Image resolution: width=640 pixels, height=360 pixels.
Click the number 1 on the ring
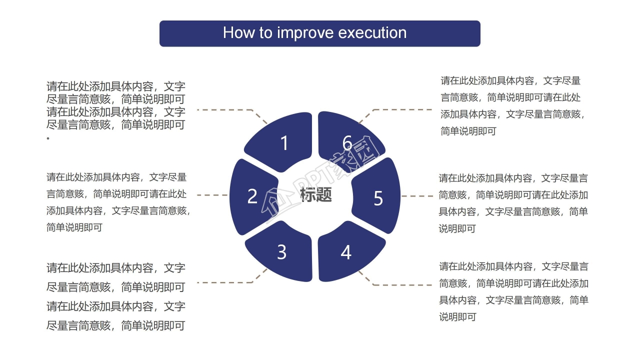(x=284, y=143)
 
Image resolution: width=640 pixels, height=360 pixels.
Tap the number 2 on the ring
(x=252, y=196)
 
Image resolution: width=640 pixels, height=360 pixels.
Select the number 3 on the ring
(x=281, y=252)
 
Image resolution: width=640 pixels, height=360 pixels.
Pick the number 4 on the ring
(x=346, y=252)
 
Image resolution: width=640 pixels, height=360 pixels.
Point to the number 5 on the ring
(x=378, y=198)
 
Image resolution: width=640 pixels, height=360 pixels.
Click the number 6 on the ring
(x=347, y=143)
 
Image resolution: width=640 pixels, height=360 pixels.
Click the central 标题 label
(x=315, y=195)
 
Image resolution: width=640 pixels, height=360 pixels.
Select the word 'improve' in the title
(x=305, y=33)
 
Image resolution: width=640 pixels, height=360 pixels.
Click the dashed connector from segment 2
(x=213, y=195)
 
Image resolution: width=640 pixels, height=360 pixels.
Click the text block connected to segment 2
(x=118, y=202)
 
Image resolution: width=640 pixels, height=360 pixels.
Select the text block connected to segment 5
(x=513, y=203)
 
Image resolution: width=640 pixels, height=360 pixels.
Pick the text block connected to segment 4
(x=513, y=291)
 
